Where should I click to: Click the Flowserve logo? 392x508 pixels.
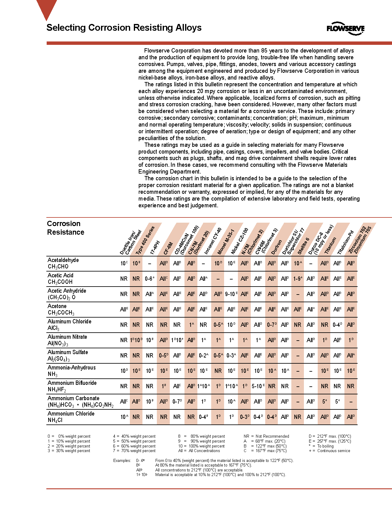pyautogui.click(x=345, y=29)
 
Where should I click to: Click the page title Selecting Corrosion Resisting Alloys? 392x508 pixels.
pyautogui.click(x=124, y=28)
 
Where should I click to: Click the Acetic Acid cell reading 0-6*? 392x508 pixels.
pyautogui.click(x=149, y=279)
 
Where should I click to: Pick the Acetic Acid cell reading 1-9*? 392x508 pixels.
pyautogui.click(x=297, y=279)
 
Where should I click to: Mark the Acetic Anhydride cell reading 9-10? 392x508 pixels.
pyautogui.click(x=231, y=294)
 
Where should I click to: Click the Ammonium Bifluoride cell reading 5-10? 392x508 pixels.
pyautogui.click(x=258, y=386)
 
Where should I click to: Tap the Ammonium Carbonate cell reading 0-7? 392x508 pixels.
pyautogui.click(x=177, y=401)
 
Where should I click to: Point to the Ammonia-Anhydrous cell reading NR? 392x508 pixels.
pyautogui.click(x=218, y=371)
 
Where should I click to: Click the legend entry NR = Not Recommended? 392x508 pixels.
pyautogui.click(x=266, y=436)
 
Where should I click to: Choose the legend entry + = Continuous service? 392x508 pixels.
pyautogui.click(x=329, y=451)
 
